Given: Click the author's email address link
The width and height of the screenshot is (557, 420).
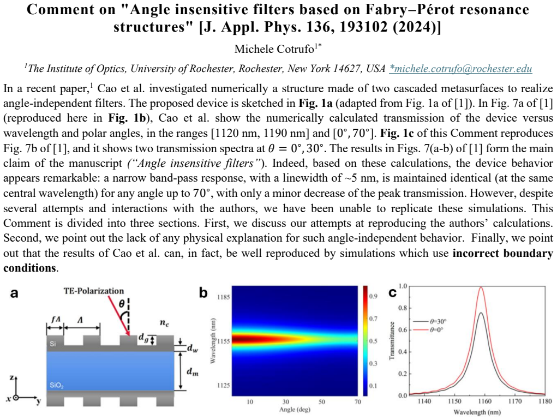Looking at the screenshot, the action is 461,68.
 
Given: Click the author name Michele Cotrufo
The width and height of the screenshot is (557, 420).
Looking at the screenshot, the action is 274,49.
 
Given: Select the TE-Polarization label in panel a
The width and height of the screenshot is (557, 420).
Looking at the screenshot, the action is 94,291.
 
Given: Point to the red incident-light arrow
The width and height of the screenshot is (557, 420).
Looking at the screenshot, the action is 119,315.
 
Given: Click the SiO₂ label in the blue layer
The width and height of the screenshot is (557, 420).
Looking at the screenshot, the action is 56,385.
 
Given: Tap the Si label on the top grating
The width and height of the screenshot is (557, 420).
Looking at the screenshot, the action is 52,344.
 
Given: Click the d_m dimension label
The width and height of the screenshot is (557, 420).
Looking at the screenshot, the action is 192,371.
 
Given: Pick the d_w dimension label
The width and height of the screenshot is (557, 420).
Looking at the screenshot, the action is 192,349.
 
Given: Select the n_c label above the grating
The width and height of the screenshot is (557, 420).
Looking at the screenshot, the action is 164,322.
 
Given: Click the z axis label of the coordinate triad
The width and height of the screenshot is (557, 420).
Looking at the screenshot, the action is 11,377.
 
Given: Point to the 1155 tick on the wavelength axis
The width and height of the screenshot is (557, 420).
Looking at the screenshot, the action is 224,341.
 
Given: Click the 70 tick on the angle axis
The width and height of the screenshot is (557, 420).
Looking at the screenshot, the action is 357,401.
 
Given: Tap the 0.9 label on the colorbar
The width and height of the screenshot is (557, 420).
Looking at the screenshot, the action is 373,296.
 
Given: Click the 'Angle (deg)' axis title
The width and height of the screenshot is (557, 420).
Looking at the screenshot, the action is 295,409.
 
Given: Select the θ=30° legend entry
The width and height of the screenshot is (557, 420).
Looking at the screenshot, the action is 429,321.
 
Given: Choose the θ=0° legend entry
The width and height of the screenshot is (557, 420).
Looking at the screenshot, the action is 428,329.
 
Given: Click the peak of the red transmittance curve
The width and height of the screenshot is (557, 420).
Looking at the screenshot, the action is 481,287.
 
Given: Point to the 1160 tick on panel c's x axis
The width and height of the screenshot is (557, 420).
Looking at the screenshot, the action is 484,401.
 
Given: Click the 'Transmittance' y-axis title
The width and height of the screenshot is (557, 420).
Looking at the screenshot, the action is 392,340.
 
